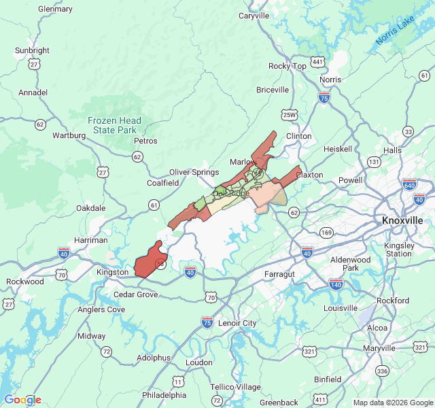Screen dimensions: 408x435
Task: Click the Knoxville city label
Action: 402,221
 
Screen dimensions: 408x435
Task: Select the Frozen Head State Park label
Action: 114,125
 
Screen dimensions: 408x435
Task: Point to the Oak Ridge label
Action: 231,193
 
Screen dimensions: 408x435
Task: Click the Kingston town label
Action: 112,272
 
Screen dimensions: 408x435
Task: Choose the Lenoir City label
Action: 237,322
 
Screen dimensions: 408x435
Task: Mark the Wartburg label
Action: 69,135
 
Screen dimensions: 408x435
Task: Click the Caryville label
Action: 254,16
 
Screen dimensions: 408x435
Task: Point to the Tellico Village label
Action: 235,387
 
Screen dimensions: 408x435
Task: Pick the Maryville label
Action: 379,348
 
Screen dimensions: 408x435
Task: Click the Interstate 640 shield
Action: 409,185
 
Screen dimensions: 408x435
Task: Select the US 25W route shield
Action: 290,114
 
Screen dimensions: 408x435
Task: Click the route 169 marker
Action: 327,233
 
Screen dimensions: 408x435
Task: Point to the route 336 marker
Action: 382,371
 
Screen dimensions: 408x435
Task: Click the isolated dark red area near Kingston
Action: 150,260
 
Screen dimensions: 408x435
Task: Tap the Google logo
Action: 22,400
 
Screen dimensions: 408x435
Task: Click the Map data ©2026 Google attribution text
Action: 392,403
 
